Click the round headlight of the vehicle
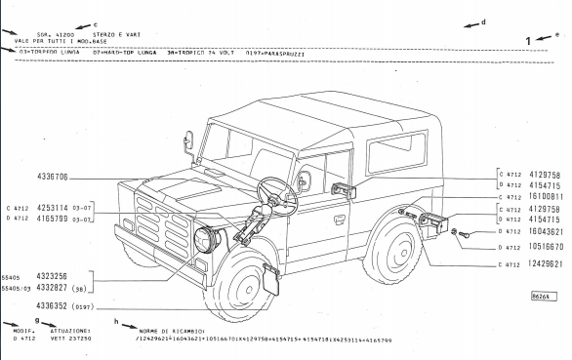pos(208,238)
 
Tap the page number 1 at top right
pos(528,41)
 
